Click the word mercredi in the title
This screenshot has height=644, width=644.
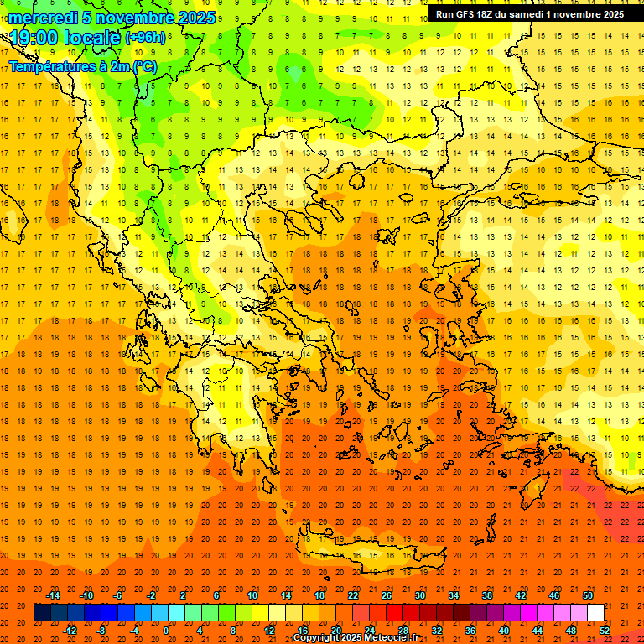(43, 18)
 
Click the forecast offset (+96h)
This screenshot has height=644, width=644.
(146, 39)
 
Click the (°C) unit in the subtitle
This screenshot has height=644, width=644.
(144, 67)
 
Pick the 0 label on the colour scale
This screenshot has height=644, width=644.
(166, 631)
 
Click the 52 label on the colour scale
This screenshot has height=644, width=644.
(605, 631)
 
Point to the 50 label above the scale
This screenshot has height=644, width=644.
(588, 595)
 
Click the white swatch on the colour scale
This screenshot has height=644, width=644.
(596, 613)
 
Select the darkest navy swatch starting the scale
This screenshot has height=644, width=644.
(42, 613)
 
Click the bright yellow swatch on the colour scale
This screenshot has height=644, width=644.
(261, 613)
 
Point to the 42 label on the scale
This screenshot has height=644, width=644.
(521, 595)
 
